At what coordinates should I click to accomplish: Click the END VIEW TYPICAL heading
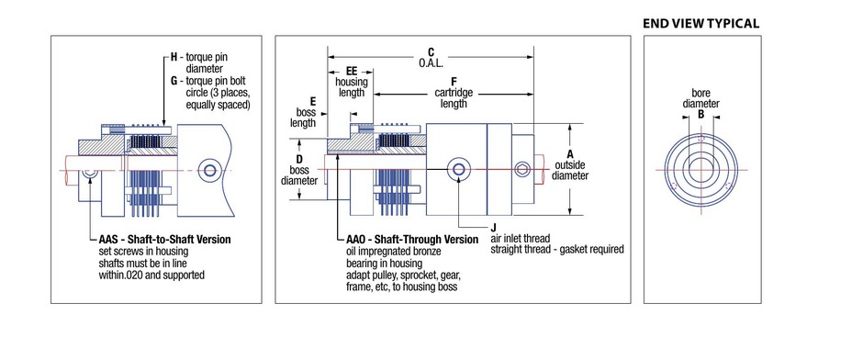point(700,23)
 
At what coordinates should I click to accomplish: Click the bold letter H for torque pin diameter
point(174,57)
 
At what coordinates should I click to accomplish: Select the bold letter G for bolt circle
point(174,81)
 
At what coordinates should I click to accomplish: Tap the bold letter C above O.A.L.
point(431,52)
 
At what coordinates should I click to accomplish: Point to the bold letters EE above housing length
point(351,71)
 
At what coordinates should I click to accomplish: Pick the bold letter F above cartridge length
point(454,82)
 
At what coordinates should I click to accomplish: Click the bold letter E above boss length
point(313,101)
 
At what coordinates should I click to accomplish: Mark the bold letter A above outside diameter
point(570,153)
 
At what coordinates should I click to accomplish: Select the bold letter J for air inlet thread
point(494,228)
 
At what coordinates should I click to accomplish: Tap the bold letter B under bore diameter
point(701,114)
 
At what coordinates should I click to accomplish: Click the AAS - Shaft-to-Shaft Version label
point(164,240)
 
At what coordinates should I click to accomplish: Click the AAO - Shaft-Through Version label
point(412,240)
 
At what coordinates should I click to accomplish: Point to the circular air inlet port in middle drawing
point(458,169)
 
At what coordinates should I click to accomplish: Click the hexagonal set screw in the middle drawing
point(522,170)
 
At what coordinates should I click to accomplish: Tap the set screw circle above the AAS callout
point(90,174)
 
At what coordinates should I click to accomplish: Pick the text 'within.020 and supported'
point(151,275)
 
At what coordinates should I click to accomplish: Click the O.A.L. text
point(431,62)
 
